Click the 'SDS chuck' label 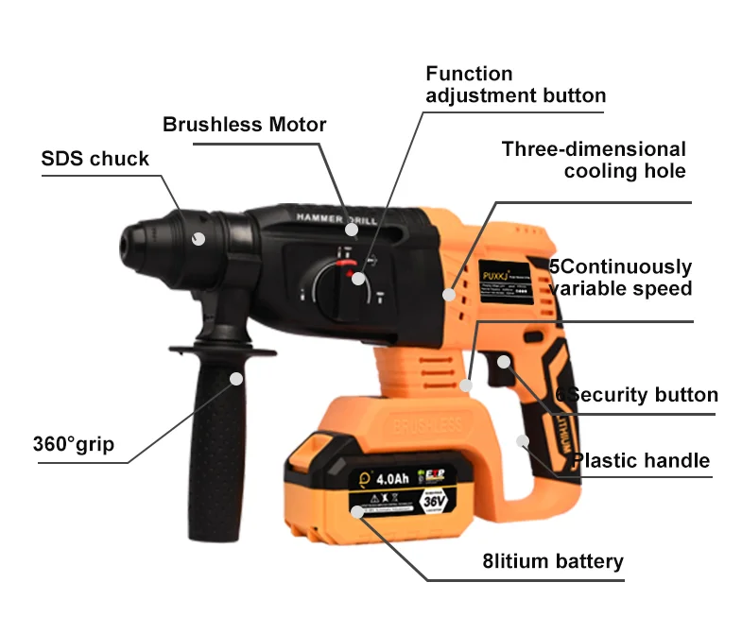click(95, 158)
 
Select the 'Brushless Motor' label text click(244, 125)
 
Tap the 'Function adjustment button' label click(515, 84)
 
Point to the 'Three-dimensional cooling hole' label click(594, 160)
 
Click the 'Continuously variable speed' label click(621, 278)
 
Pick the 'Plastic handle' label click(640, 461)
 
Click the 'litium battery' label click(552, 561)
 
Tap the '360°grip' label click(73, 443)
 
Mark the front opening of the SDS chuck click(131, 241)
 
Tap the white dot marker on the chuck click(198, 239)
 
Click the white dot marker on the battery click(356, 512)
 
